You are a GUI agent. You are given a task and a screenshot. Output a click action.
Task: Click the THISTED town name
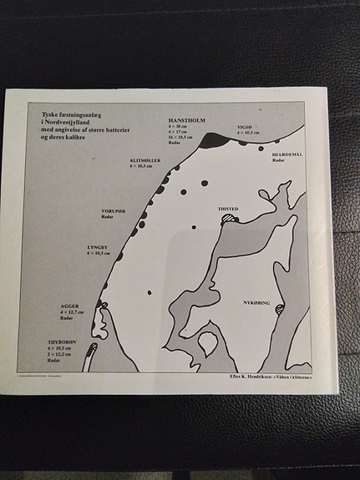click(228, 210)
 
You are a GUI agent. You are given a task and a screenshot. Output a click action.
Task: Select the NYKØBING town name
click(256, 302)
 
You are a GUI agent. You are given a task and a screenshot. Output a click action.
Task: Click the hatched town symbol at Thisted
click(229, 219)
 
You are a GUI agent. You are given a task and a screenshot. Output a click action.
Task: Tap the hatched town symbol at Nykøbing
click(279, 310)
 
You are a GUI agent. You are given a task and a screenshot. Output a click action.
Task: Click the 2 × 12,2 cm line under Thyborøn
click(60, 355)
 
